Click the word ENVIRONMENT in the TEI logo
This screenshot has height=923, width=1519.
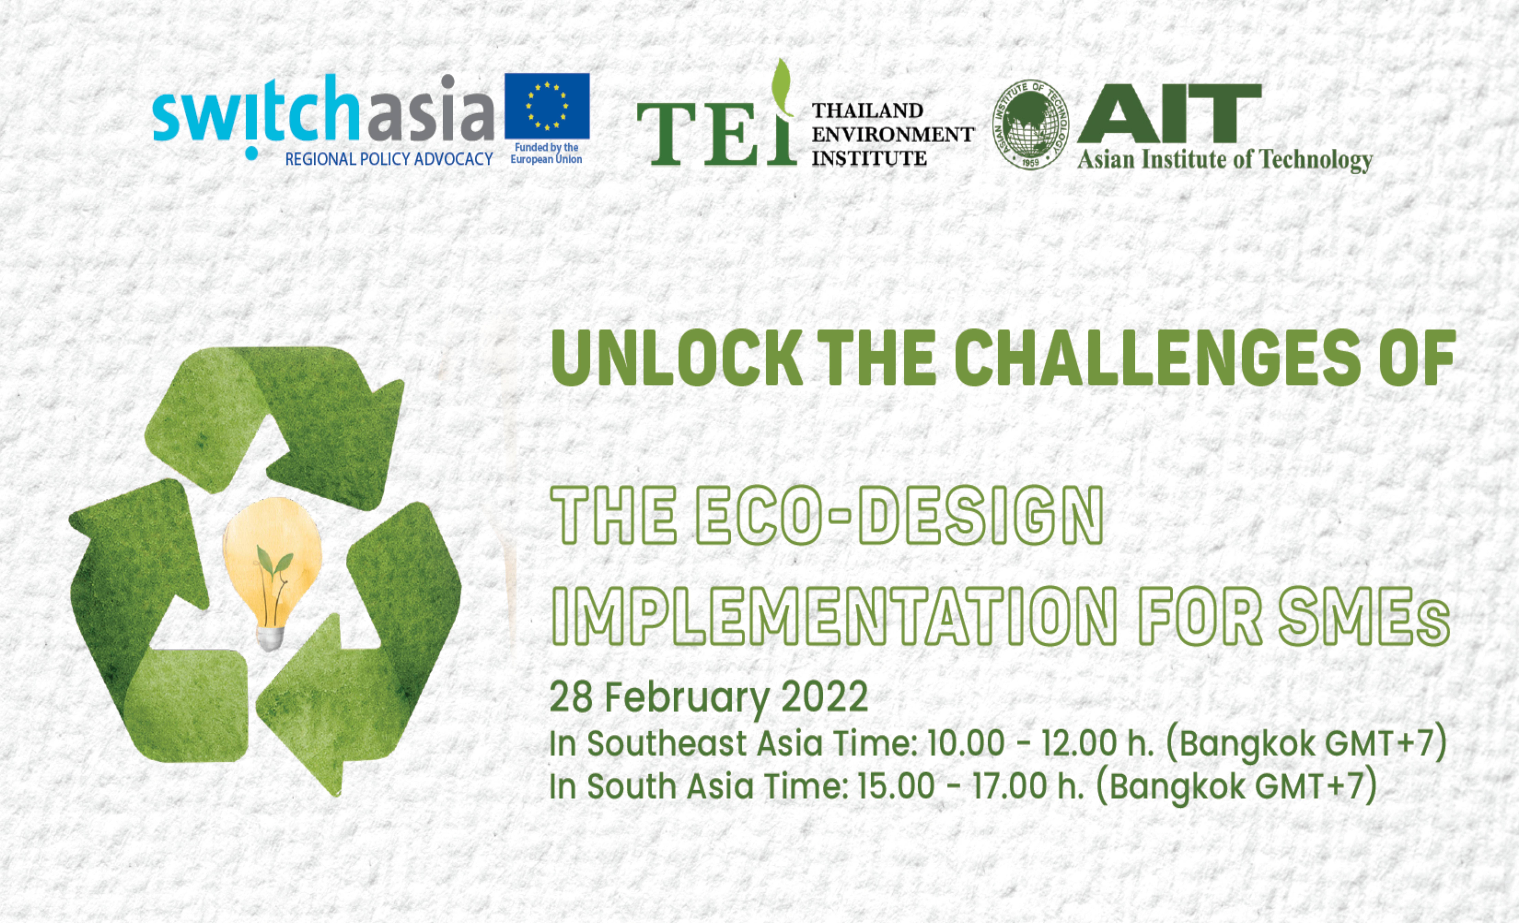(x=892, y=134)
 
